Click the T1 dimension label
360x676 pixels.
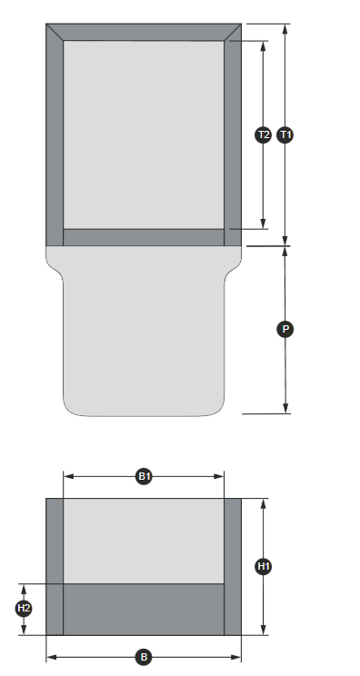click(x=285, y=135)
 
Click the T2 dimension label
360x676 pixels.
click(x=264, y=135)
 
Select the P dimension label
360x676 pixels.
click(x=285, y=330)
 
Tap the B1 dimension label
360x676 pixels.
click(x=144, y=476)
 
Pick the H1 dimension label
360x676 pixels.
click(x=264, y=566)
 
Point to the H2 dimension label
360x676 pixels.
click(x=24, y=609)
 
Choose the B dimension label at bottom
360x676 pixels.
click(x=144, y=657)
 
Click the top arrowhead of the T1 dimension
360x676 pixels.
click(x=285, y=29)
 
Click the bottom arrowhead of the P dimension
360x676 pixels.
click(x=285, y=408)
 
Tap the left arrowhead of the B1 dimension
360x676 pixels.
click(x=68, y=476)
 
